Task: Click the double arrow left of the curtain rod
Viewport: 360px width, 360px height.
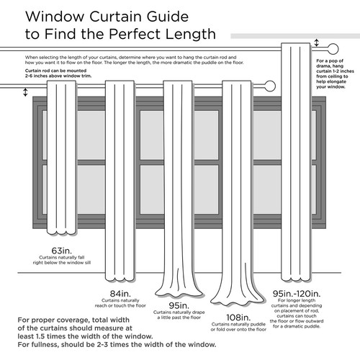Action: [26, 92]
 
